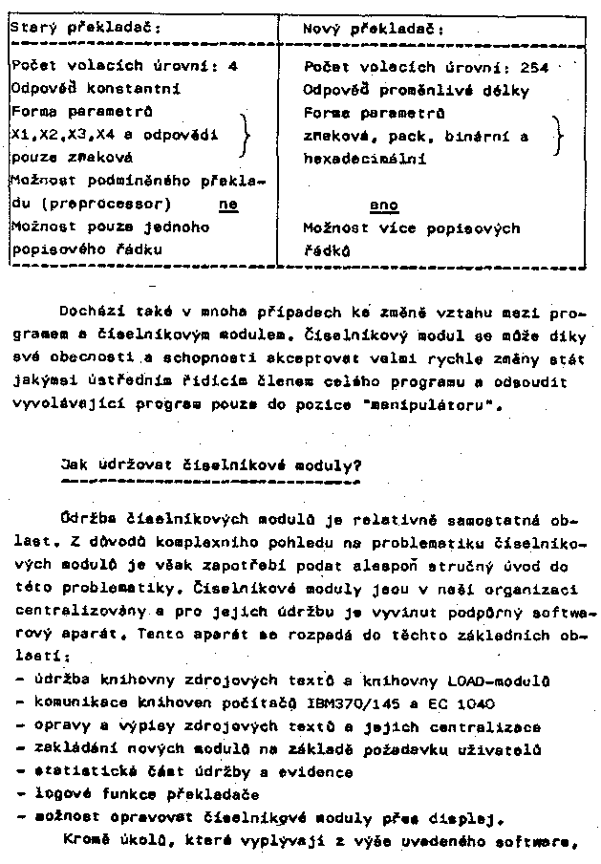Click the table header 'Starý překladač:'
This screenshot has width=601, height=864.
86,29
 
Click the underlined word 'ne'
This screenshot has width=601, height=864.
227,205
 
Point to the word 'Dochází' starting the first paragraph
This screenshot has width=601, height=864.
89,313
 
